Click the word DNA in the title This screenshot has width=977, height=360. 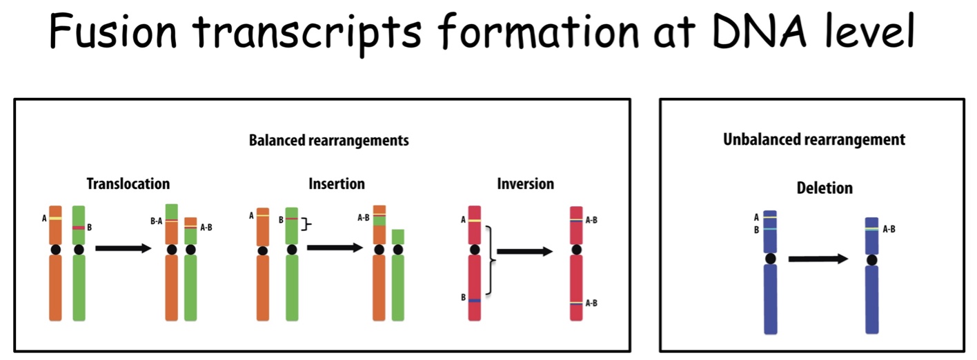(760, 31)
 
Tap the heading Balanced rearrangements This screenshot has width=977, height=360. (329, 140)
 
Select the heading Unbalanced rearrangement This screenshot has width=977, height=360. (814, 139)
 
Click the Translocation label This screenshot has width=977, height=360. (128, 184)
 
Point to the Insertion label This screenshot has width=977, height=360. (337, 184)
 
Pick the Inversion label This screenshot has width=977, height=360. (526, 184)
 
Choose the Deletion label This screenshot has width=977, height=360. (825, 188)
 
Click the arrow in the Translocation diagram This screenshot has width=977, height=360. (124, 248)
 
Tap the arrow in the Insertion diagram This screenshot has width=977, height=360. (335, 248)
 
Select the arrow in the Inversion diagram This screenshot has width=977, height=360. (524, 252)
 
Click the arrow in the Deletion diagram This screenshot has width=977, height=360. (818, 259)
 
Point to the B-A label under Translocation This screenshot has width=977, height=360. (156, 221)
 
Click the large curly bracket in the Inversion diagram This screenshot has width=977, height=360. (491, 260)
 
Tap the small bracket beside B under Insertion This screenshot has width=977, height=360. (307, 224)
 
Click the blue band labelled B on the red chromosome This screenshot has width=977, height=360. (475, 301)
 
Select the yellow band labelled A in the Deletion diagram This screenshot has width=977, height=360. (770, 217)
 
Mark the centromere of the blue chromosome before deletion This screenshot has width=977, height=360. (771, 259)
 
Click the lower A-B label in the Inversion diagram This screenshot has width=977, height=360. (591, 303)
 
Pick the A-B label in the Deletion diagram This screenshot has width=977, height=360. (889, 229)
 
